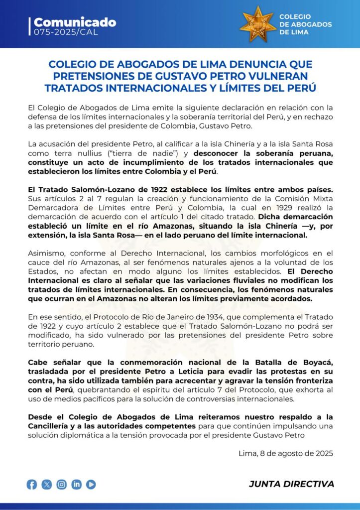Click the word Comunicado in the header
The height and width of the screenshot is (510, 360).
pos(75,22)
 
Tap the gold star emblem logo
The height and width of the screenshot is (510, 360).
pos(257,23)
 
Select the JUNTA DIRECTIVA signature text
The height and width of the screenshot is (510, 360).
pos(291,484)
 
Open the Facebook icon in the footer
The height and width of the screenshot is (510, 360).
pos(32,484)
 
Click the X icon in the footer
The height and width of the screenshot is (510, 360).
pos(47,484)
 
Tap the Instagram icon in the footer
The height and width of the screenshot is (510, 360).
pos(62,484)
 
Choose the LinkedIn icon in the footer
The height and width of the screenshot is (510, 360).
pos(76,484)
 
